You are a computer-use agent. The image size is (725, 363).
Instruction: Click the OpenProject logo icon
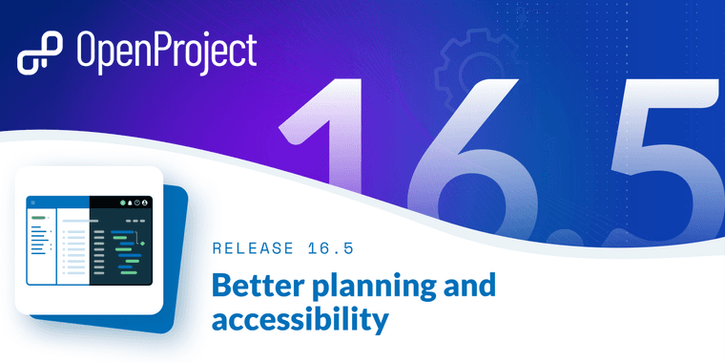click(39, 53)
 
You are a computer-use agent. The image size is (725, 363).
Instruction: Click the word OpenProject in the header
click(167, 53)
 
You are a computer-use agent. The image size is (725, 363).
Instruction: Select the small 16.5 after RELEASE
click(330, 249)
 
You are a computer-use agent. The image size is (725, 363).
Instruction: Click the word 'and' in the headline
click(468, 286)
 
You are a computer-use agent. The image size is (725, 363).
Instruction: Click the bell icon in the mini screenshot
click(129, 203)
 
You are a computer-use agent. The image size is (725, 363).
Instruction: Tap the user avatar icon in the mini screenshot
click(146, 203)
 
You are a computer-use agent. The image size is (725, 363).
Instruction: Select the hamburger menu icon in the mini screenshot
click(33, 203)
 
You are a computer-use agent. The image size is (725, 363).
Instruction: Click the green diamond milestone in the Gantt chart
click(142, 244)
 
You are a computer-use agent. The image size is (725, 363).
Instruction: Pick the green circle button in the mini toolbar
click(122, 203)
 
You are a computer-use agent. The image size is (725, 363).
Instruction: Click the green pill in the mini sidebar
click(38, 218)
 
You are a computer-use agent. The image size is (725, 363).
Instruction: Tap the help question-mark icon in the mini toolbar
click(137, 203)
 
